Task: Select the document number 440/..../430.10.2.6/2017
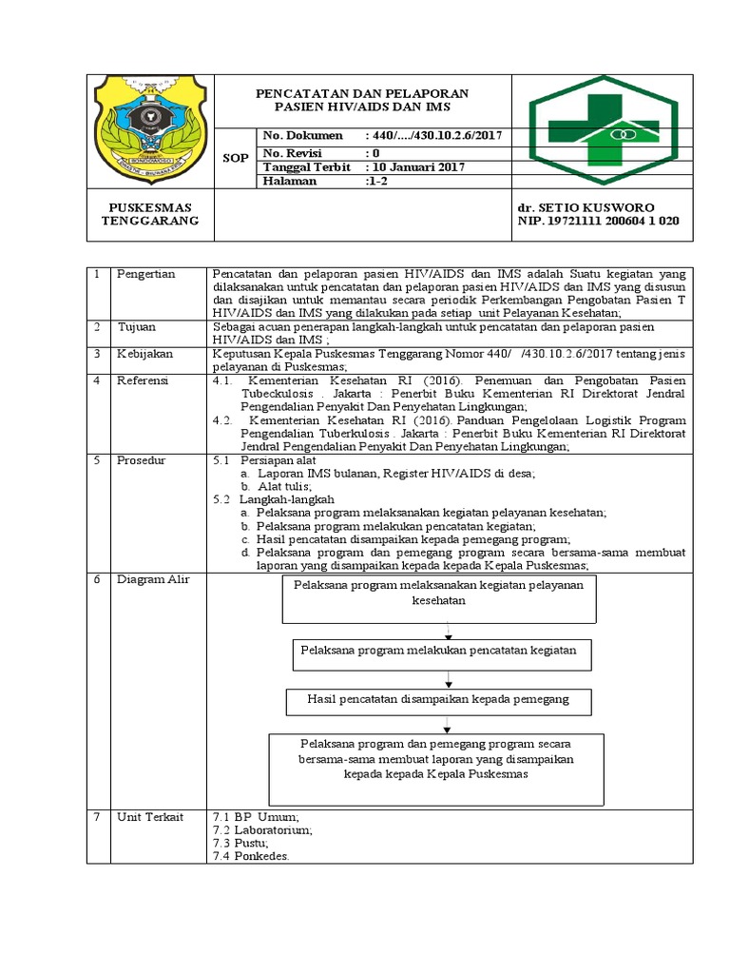[x=432, y=137]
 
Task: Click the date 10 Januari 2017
[x=416, y=166]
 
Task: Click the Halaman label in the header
[x=290, y=181]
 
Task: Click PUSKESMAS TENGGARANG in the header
[x=150, y=214]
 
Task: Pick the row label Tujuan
[x=137, y=326]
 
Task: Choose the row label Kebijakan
[x=144, y=353]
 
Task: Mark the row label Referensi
[x=143, y=380]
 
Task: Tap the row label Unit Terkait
[x=149, y=817]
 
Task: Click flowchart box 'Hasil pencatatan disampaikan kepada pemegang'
[x=438, y=700]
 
